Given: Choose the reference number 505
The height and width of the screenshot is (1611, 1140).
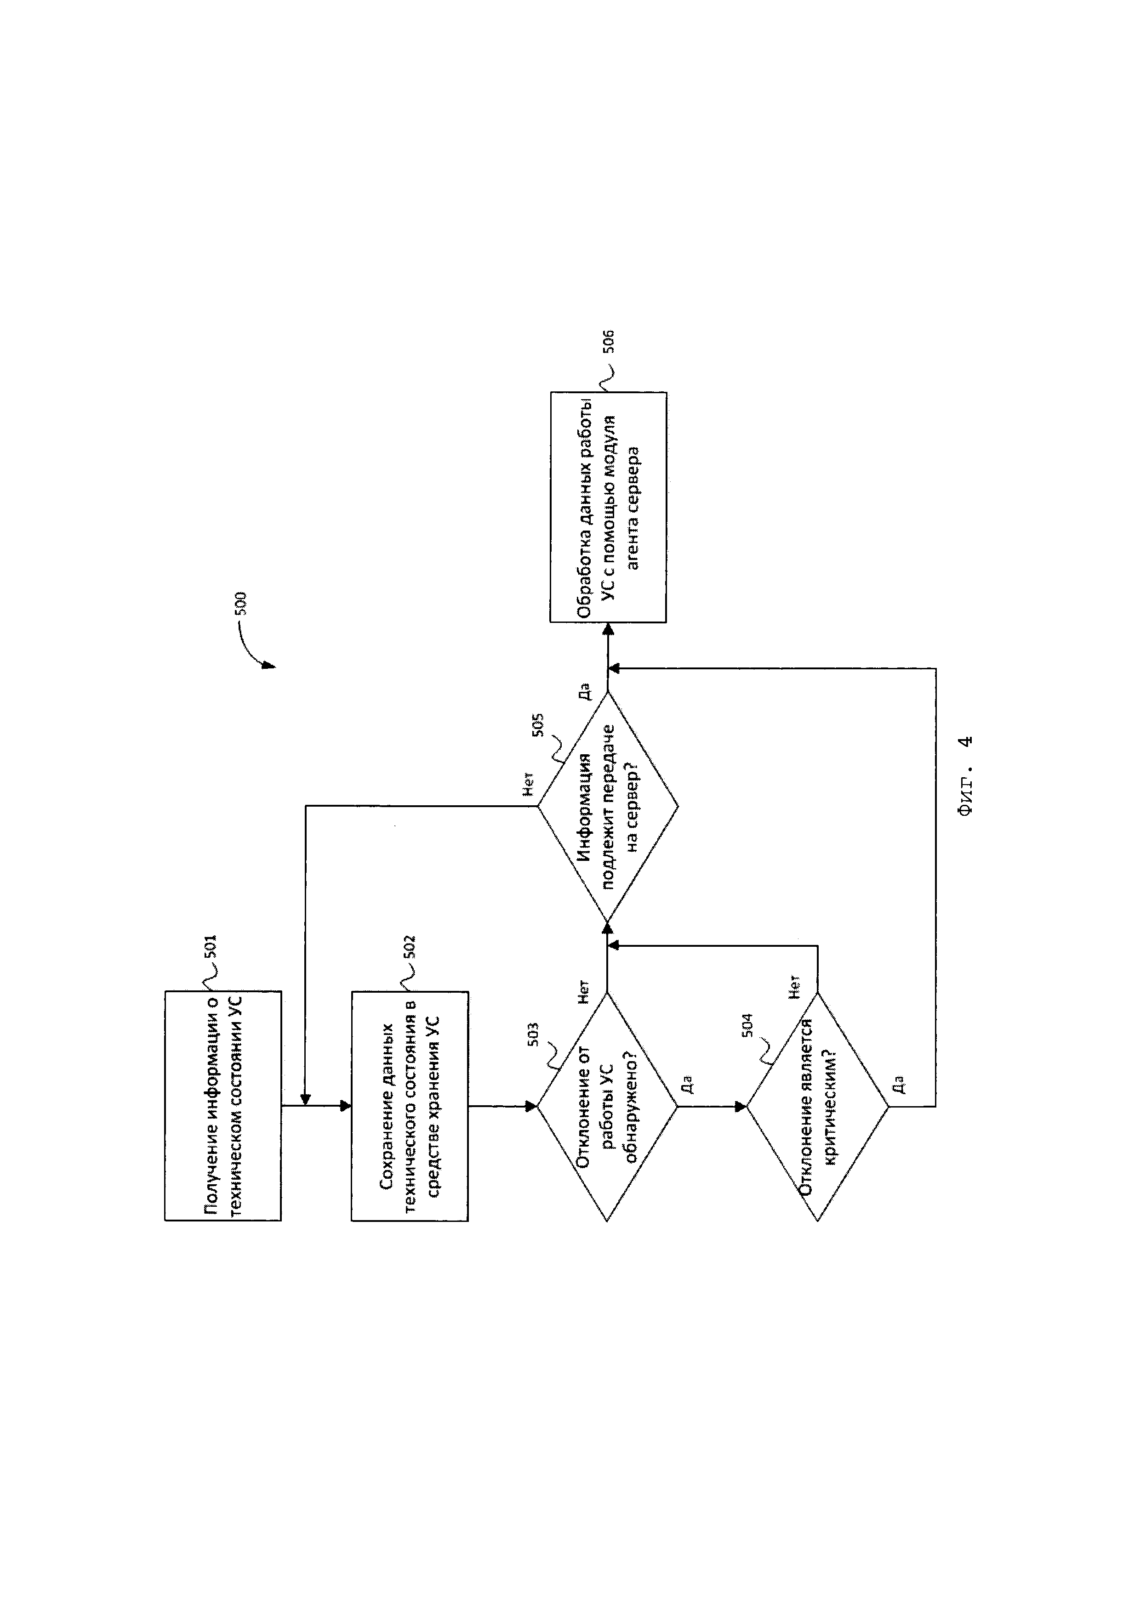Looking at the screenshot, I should click(x=538, y=725).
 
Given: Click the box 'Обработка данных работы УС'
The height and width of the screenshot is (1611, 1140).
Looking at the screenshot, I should click(x=607, y=507).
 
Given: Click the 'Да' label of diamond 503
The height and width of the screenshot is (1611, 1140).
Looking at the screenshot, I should click(x=688, y=1084).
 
